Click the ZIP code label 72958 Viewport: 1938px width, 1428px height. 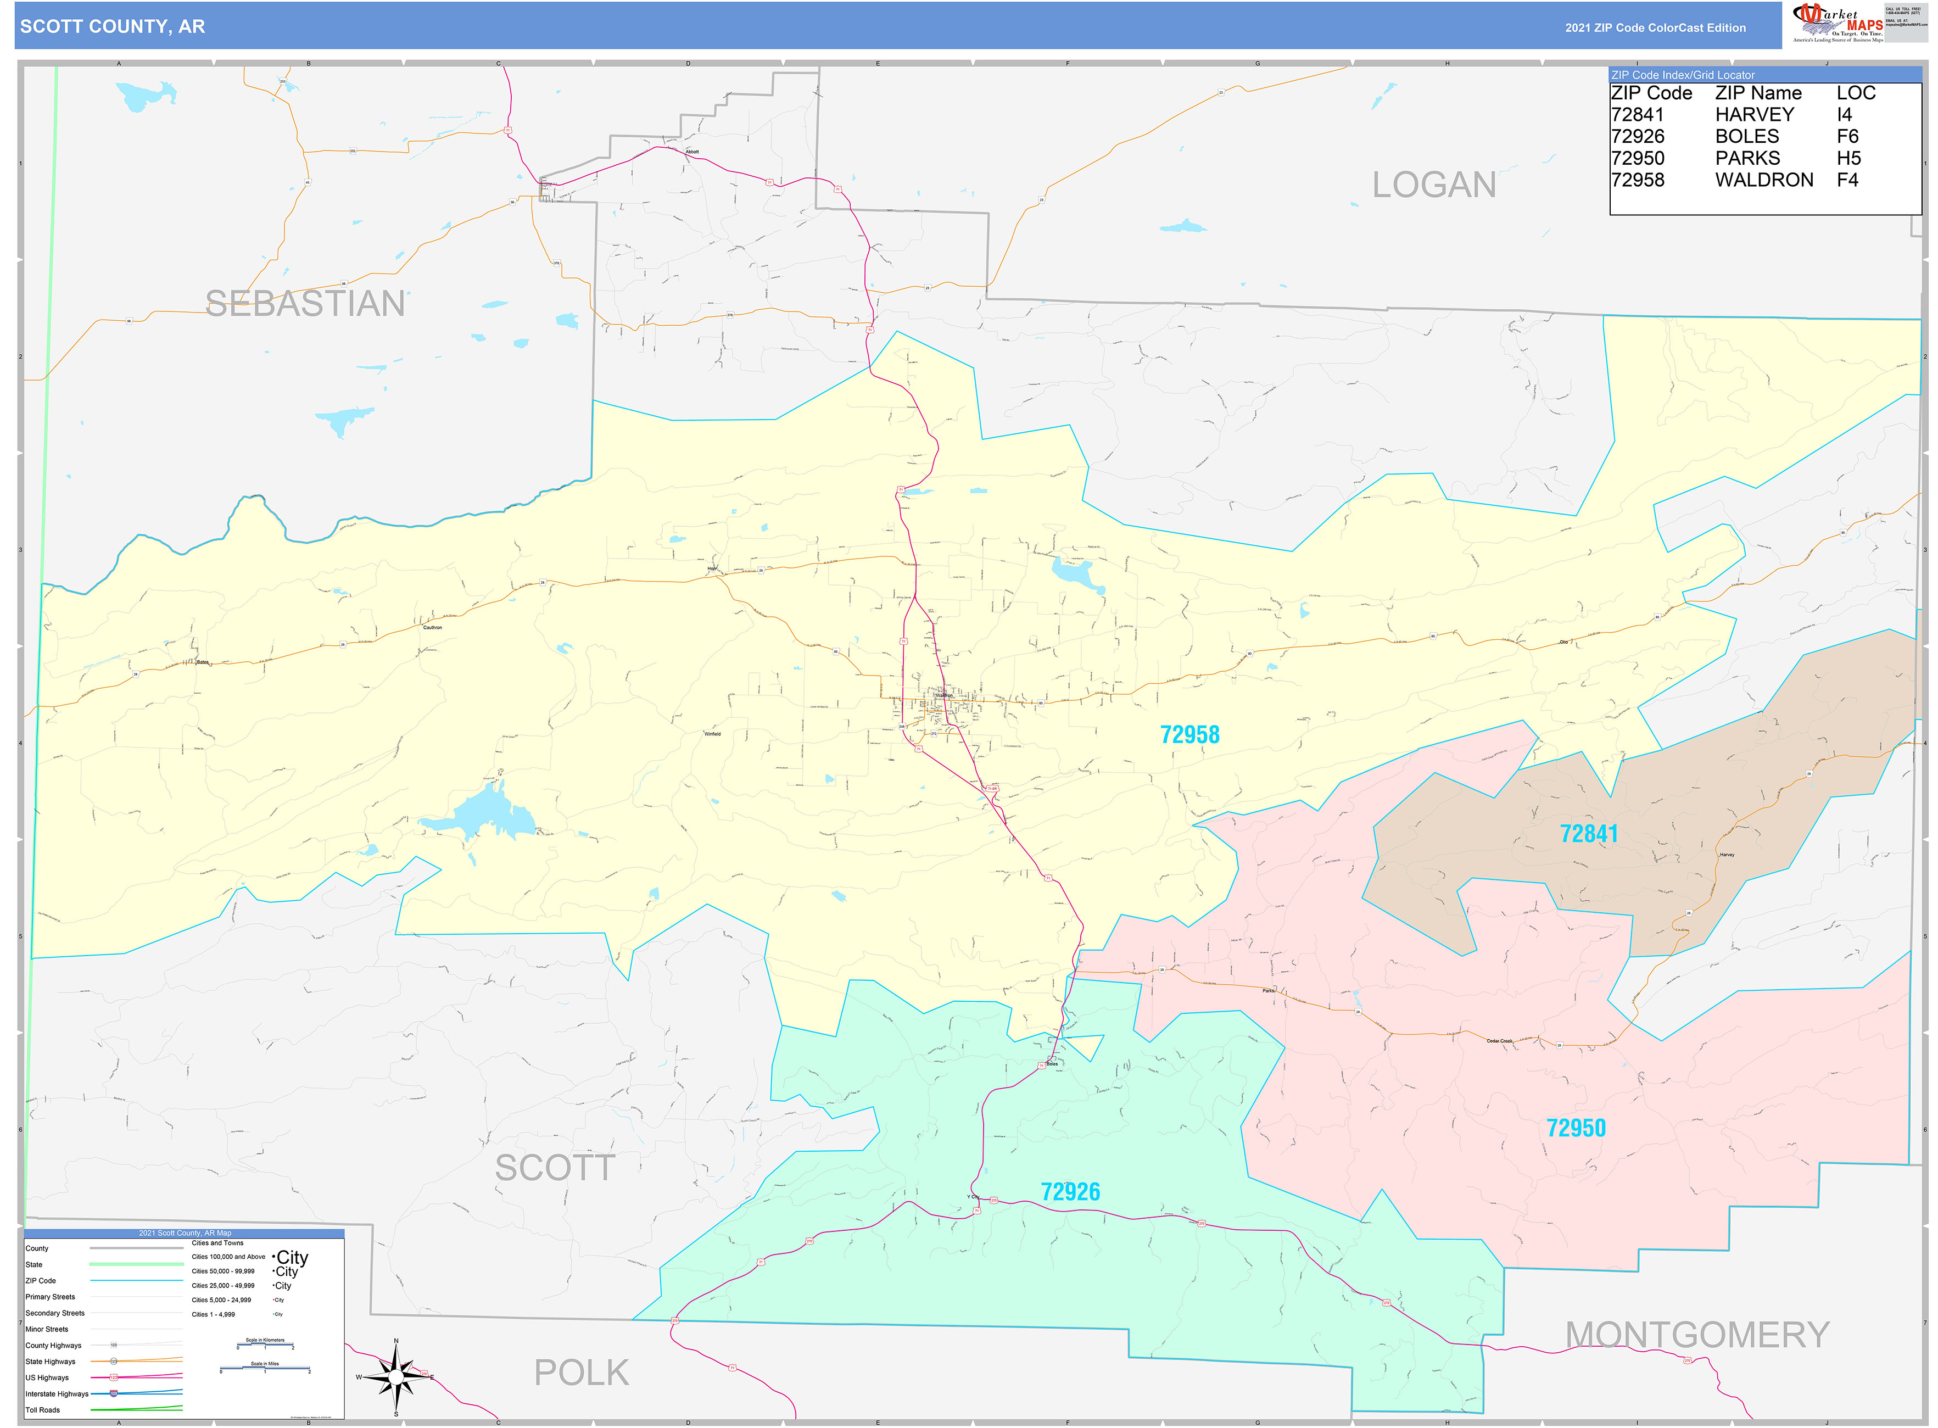coord(1189,735)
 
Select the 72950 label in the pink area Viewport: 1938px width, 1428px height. coord(1576,1128)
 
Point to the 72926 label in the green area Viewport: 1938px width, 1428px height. coord(1070,1192)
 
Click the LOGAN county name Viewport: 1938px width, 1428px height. coord(1434,185)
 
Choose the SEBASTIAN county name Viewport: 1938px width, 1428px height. coord(305,303)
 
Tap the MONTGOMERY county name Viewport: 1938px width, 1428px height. coord(1697,1335)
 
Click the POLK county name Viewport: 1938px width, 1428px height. coord(581,1373)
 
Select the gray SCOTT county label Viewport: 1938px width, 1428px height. coord(555,1168)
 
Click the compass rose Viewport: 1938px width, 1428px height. coord(396,1377)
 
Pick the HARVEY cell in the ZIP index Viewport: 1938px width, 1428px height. coord(1754,115)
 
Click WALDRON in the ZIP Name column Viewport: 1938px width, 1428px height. coord(1763,180)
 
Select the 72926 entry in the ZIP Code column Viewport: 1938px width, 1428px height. coord(1637,137)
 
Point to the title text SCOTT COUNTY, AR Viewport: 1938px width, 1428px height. coord(113,27)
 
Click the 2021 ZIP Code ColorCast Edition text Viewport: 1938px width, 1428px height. coord(1655,27)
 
